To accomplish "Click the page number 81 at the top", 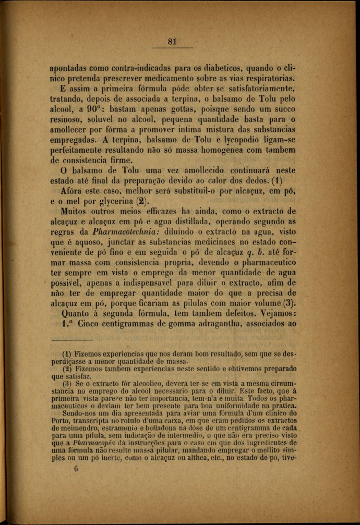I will click(x=174, y=42).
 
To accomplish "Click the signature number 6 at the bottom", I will click(x=76, y=469).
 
